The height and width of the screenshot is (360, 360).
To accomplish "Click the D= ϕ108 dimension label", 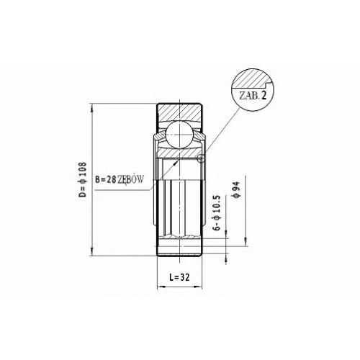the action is click(82, 180).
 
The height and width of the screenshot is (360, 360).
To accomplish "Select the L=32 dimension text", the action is click(179, 277).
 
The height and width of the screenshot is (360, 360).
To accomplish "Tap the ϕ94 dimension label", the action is click(236, 189).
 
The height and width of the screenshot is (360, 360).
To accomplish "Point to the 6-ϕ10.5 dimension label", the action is click(217, 213).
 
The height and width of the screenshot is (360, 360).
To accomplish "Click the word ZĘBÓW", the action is click(130, 179).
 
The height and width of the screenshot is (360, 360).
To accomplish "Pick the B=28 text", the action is click(106, 179).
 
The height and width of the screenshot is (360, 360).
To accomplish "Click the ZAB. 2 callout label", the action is click(253, 96).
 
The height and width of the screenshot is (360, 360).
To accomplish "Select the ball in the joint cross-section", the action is click(179, 134).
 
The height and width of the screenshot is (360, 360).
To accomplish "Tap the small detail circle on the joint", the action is click(201, 158).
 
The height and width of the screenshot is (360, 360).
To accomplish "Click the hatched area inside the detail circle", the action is click(251, 78).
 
